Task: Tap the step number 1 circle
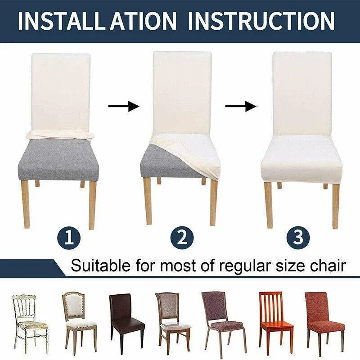coord(69,238)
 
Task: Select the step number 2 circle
coord(182,238)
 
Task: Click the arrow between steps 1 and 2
coord(124,106)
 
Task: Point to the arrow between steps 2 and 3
coord(241,106)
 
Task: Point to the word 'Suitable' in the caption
coord(101,266)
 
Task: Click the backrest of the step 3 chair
coord(302,94)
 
